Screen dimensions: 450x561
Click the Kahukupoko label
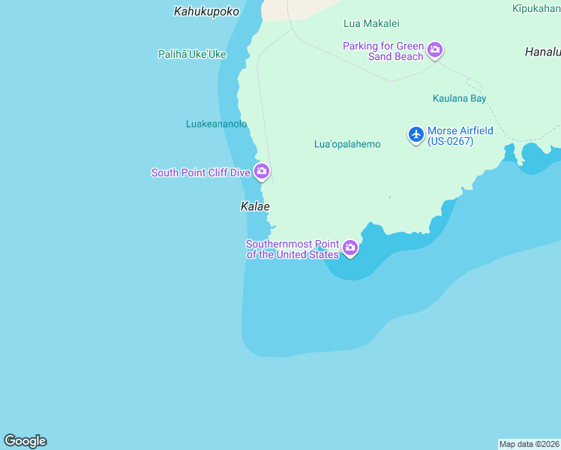point(206,11)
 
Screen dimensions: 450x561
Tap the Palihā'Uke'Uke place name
point(192,54)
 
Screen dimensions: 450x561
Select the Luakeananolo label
point(216,124)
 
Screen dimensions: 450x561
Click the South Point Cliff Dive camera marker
point(261,172)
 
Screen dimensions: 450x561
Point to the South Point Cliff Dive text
point(200,172)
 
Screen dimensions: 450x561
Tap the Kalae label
point(255,206)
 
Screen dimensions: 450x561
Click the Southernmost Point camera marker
point(349,247)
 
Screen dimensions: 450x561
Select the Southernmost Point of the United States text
point(292,249)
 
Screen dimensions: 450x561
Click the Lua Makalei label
point(371,24)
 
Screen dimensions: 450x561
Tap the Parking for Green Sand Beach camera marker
point(434,50)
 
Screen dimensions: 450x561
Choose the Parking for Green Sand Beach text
point(383,51)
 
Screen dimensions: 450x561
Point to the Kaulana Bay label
point(459,98)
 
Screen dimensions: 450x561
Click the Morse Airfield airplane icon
point(415,134)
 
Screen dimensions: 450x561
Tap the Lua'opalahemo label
point(347,144)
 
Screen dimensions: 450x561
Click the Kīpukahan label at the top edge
point(536,8)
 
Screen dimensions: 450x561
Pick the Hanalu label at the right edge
point(542,52)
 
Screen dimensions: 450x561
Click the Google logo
point(25,441)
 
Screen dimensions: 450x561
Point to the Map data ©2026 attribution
point(529,444)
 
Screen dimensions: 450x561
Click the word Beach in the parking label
point(408,56)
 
